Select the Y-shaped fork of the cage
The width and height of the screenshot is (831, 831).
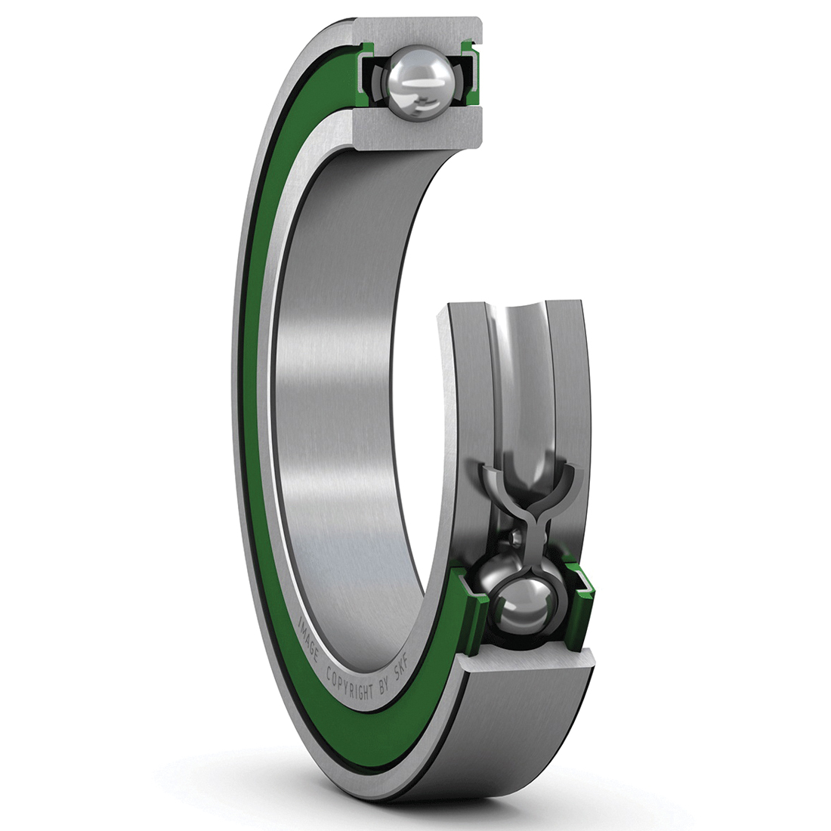[534, 491]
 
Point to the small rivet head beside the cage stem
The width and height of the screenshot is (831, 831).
[516, 536]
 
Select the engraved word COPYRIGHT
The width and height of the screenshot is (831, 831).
[349, 677]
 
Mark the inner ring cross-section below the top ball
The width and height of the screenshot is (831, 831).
[415, 128]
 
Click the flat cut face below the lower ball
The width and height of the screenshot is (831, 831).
[529, 665]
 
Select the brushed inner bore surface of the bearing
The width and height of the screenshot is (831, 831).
[340, 378]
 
